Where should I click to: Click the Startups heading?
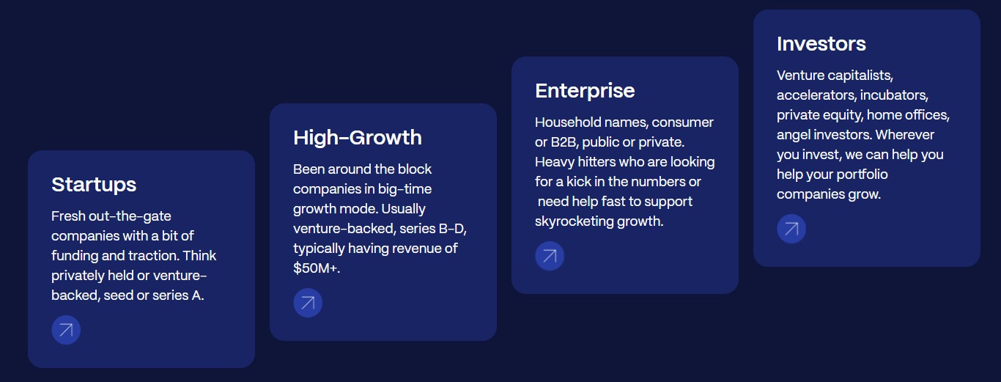(x=94, y=185)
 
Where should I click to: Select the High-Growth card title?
(x=358, y=137)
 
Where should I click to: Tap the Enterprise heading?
(x=585, y=91)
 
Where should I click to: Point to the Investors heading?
(x=821, y=44)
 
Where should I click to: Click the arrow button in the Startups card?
(x=66, y=330)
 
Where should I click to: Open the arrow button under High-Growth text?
(x=308, y=303)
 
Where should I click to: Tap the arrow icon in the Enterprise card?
(x=550, y=256)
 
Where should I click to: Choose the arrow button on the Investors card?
(x=791, y=229)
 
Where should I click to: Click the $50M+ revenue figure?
(x=317, y=268)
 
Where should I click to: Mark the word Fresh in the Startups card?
(x=68, y=216)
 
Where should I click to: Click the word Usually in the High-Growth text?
(x=403, y=209)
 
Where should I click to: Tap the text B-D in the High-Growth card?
(x=453, y=229)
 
